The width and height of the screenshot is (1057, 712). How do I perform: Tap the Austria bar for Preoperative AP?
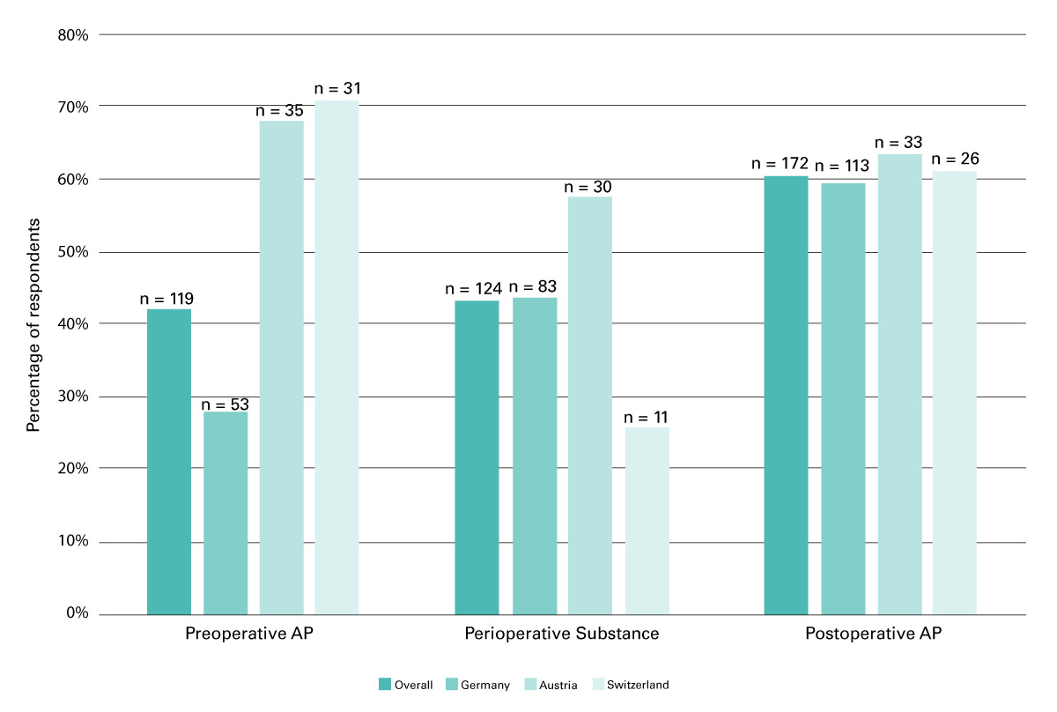(282, 367)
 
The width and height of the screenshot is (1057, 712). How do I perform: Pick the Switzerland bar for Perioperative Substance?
(647, 521)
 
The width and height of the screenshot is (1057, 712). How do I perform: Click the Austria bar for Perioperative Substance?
(590, 405)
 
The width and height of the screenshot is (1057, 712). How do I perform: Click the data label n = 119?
(167, 299)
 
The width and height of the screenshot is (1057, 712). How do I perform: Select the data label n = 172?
(780, 164)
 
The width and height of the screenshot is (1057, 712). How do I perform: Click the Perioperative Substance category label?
(562, 634)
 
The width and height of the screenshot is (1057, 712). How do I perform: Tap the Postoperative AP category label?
(873, 634)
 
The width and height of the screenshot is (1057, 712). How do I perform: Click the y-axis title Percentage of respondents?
(33, 325)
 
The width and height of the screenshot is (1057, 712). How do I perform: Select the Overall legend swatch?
(384, 685)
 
